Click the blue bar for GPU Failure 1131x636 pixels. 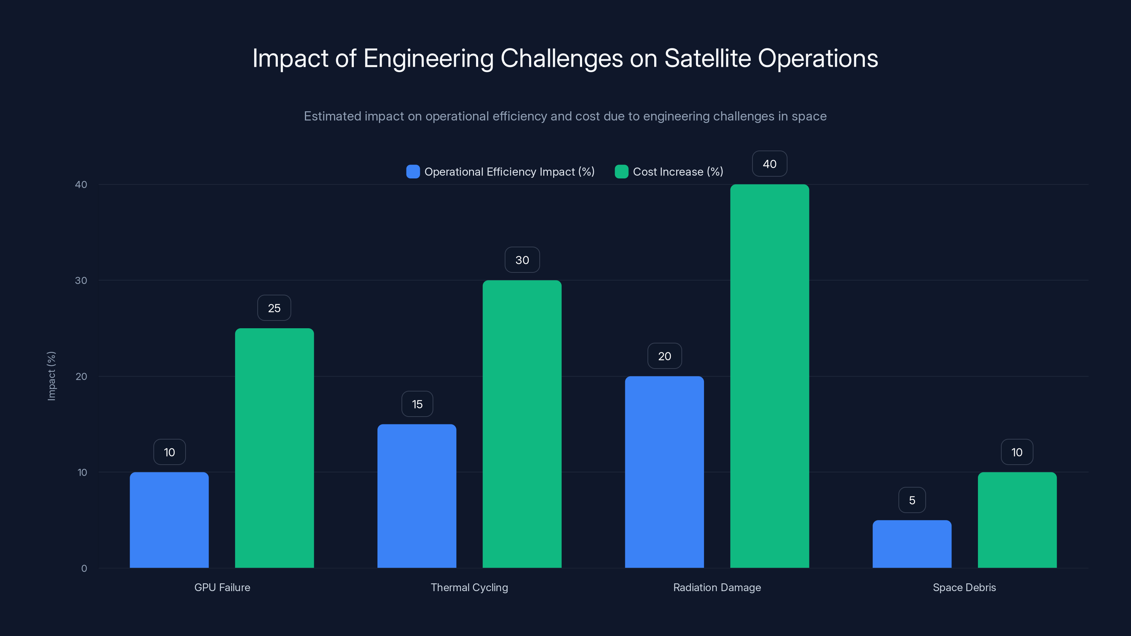(x=169, y=520)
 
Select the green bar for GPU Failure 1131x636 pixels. (x=274, y=448)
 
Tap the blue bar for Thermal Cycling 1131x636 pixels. (x=417, y=496)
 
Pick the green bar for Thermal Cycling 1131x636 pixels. (x=522, y=424)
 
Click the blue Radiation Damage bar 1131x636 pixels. (x=664, y=472)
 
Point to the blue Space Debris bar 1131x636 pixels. (x=912, y=544)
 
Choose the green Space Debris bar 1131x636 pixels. (x=1017, y=520)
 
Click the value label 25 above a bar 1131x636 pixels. (x=274, y=308)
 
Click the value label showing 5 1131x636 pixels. (x=912, y=500)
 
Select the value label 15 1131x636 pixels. (x=417, y=404)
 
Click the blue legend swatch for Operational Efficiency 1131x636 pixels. (x=413, y=172)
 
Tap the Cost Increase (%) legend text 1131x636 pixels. (x=678, y=172)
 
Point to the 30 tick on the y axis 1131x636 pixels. (x=81, y=281)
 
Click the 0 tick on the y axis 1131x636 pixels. (x=84, y=569)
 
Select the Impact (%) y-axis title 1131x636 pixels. (x=51, y=376)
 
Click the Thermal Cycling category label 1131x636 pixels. (x=469, y=587)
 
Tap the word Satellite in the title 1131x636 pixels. (x=707, y=58)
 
